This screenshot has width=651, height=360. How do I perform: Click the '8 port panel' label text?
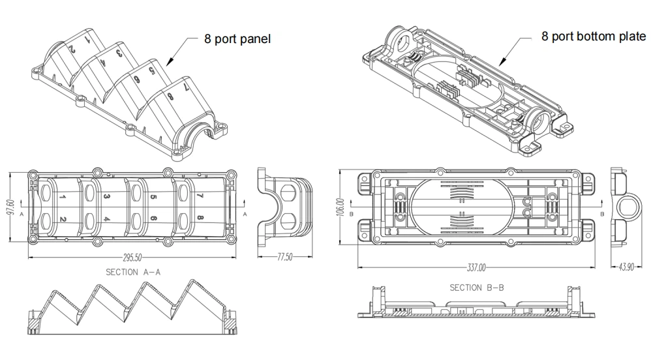pos(237,39)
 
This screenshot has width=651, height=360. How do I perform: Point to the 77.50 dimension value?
pos(285,258)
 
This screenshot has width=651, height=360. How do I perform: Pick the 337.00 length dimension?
pos(476,267)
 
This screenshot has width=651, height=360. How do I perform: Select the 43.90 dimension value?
pos(627,267)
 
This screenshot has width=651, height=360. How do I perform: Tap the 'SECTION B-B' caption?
pos(476,287)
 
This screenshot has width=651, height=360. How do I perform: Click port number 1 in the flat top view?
pos(62,196)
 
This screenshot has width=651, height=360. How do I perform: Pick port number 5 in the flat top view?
pos(153,196)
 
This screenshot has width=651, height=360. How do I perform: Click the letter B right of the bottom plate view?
pos(601,213)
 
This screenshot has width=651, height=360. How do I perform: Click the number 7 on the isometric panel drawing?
pos(186,85)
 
